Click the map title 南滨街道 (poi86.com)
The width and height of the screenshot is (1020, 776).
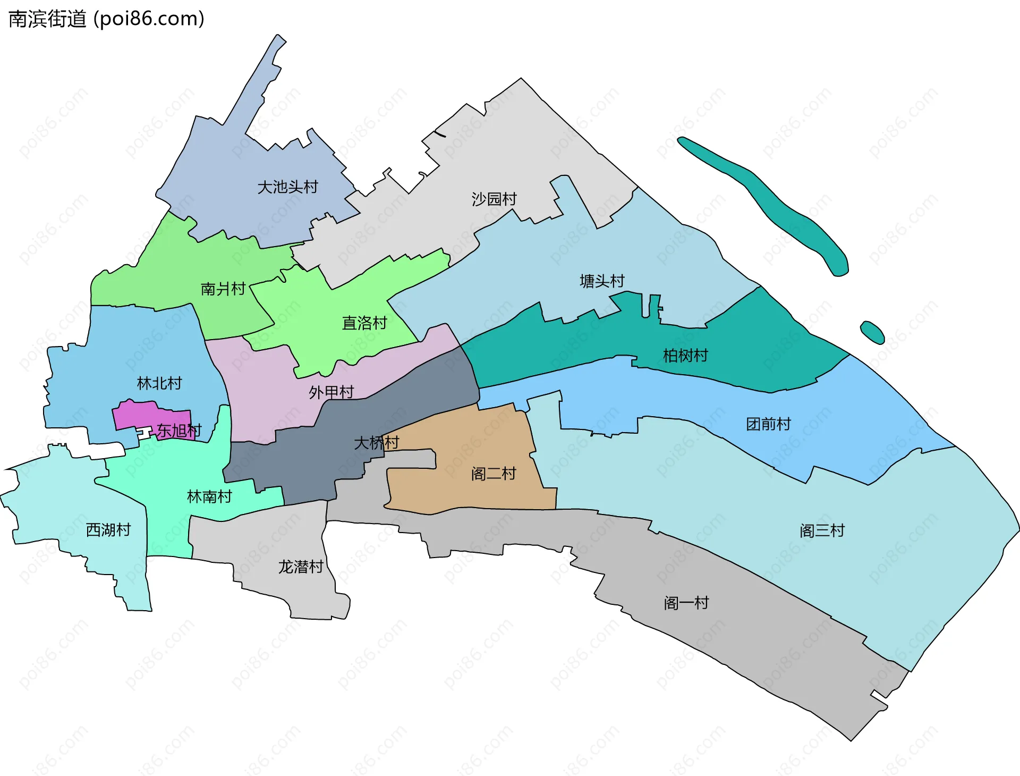coord(106,19)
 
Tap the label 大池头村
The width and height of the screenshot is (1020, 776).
coord(287,187)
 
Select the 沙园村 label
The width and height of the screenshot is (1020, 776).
coord(494,199)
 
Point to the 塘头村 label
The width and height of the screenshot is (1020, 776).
coord(602,281)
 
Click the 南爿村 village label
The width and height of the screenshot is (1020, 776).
coord(223,289)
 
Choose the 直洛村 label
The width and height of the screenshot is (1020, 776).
coord(364,323)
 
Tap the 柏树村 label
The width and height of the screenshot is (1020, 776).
coord(685,356)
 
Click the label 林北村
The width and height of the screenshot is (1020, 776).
coord(159,383)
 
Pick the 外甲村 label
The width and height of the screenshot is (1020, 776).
coord(331,392)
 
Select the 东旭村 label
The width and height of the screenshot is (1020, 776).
coord(179,431)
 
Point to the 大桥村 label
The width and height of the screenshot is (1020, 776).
coord(377,442)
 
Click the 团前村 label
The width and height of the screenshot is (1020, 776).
coord(769,424)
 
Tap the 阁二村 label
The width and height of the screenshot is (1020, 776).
coord(494,474)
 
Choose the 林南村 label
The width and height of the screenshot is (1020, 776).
coord(210,497)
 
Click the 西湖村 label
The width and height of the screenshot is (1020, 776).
coord(108,530)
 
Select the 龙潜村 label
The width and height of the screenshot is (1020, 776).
coord(301,567)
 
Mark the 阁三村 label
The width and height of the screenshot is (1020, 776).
coord(822,531)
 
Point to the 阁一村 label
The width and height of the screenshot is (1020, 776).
coord(686,603)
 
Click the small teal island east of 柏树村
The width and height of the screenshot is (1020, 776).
coord(872,332)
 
